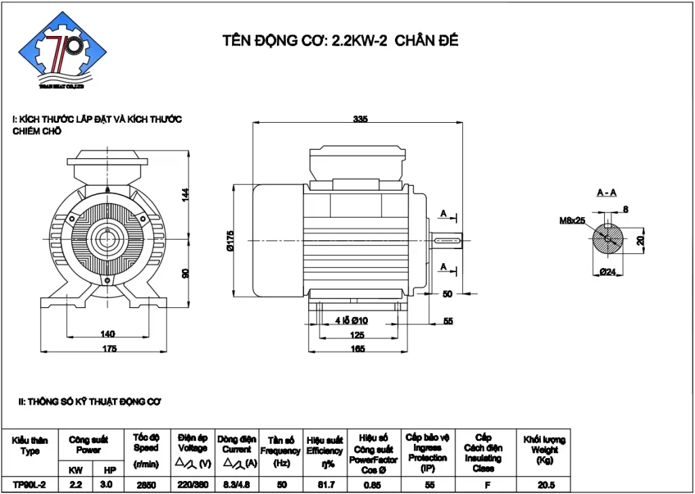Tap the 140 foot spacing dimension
[x=107, y=334]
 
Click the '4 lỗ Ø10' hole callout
[x=352, y=320]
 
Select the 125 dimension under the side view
[x=357, y=335]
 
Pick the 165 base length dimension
[x=357, y=349]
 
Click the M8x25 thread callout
[x=571, y=221]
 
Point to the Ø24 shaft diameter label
[x=607, y=272]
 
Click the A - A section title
[x=606, y=193]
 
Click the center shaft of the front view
[x=107, y=239]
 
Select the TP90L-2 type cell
[x=29, y=485]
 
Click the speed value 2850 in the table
[x=146, y=485]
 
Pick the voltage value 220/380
[x=193, y=485]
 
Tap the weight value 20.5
[x=544, y=485]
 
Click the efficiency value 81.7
[x=324, y=485]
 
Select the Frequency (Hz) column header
[x=280, y=450]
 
